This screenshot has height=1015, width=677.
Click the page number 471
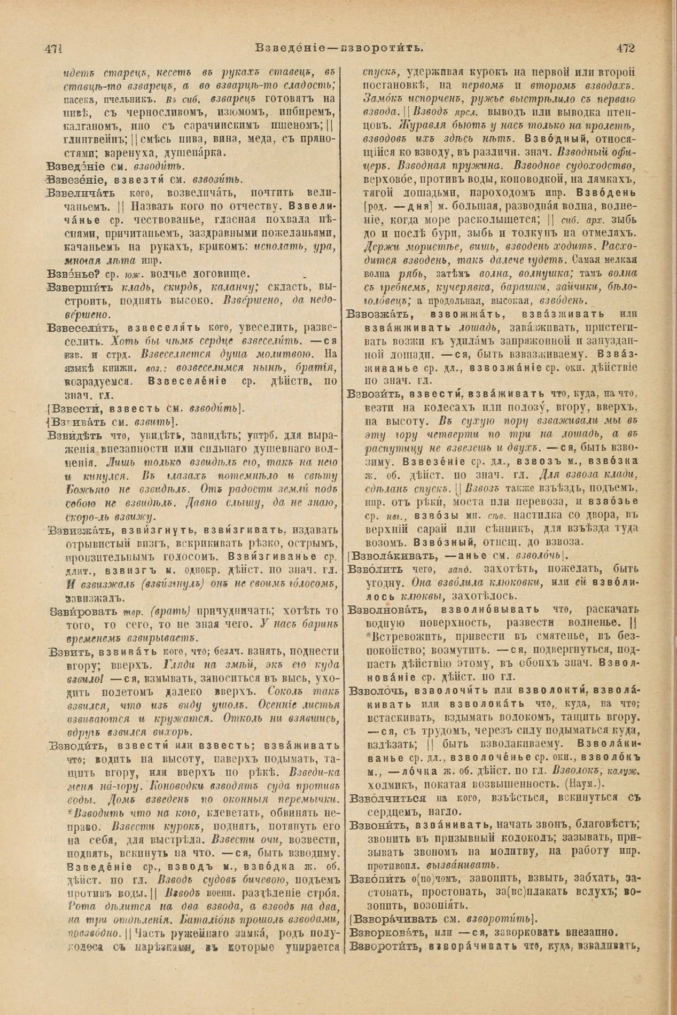53,48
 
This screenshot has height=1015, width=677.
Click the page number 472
624,48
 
